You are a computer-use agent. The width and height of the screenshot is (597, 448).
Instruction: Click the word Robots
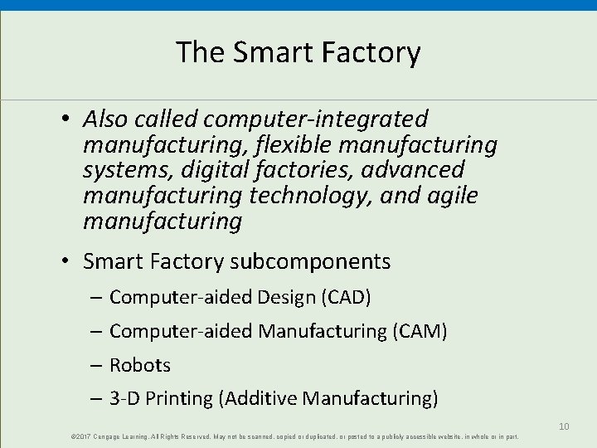pos(139,365)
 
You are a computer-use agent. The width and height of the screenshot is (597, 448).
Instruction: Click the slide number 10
pos(563,426)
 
